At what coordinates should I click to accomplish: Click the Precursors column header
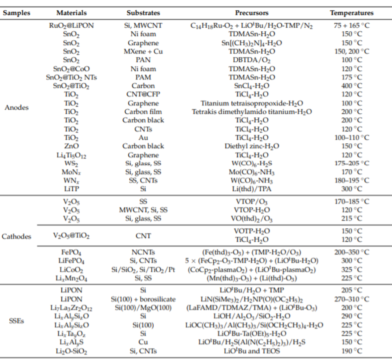(x=251, y=13)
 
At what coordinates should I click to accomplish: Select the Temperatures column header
(x=351, y=13)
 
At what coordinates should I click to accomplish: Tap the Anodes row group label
(x=17, y=107)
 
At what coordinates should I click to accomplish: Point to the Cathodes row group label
(x=17, y=236)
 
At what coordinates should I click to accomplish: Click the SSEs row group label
(x=17, y=321)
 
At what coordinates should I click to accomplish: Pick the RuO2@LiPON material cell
(x=71, y=26)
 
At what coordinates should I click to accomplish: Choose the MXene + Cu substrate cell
(x=143, y=51)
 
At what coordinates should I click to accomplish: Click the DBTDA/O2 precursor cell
(x=251, y=60)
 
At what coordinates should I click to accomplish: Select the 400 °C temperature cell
(x=351, y=86)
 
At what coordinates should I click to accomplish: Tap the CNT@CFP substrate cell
(x=143, y=94)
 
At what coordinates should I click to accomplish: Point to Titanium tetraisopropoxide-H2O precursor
(x=252, y=103)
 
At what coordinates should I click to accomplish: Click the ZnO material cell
(x=71, y=146)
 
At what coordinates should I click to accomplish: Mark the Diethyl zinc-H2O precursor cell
(x=252, y=146)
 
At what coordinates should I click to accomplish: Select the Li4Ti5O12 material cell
(x=71, y=155)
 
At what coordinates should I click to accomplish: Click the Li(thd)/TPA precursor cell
(x=251, y=189)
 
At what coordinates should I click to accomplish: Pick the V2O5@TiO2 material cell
(x=71, y=236)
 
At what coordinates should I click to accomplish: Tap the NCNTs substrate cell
(x=143, y=252)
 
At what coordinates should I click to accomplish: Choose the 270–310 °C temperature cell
(x=351, y=299)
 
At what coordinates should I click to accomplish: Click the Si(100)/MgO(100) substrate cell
(x=143, y=307)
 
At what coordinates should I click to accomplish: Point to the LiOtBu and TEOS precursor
(x=252, y=351)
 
